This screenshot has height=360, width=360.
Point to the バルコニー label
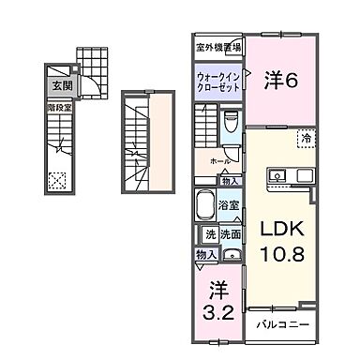(x=282, y=325)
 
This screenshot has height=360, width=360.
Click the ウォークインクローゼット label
(x=218, y=82)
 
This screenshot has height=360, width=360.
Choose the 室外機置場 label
(x=218, y=47)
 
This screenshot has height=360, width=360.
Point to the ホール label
(x=220, y=161)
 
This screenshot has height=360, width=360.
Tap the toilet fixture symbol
(x=232, y=123)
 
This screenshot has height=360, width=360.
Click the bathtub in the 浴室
(x=206, y=203)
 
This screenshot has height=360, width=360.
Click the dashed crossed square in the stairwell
(x=58, y=178)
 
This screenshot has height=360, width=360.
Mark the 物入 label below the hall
(x=232, y=180)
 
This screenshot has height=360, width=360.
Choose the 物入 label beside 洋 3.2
(x=206, y=254)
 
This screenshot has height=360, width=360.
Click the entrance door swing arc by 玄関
(x=68, y=88)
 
